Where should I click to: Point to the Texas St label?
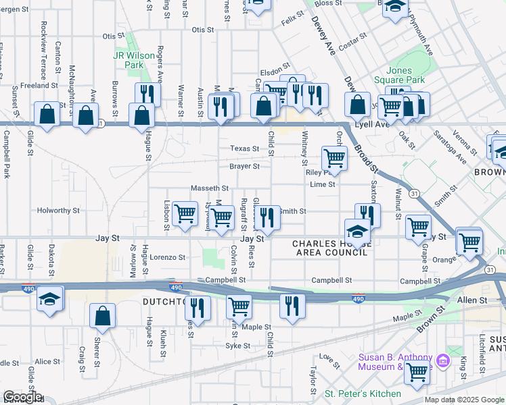point(244,148)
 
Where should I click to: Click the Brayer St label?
point(244,166)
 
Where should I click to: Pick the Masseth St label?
point(210,188)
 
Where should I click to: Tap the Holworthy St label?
point(58,211)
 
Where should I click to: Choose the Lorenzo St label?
point(167,257)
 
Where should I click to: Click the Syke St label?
point(237,346)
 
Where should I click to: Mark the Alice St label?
point(47,362)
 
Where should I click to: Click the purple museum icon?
point(443,360)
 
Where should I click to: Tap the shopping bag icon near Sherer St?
point(101,315)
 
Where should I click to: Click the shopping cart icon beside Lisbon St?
point(185,214)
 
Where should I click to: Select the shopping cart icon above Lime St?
point(334,159)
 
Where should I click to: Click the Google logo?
point(22,398)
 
